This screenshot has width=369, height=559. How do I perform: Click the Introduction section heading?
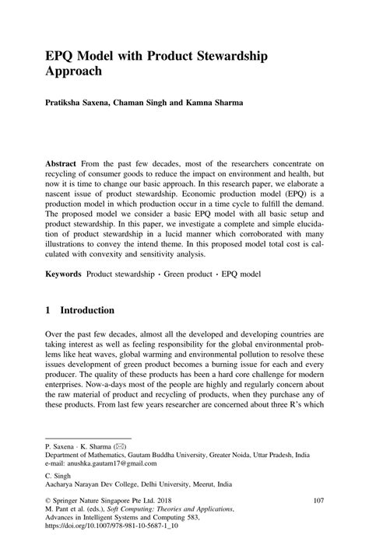pos(87,309)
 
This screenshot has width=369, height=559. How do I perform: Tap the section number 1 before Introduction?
pos(48,309)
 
